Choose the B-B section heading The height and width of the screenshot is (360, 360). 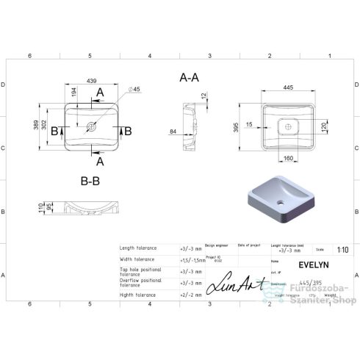click(x=91, y=179)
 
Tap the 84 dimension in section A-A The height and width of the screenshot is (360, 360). click(x=173, y=132)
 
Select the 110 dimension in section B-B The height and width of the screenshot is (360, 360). click(x=40, y=209)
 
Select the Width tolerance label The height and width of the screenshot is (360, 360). click(x=138, y=259)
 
